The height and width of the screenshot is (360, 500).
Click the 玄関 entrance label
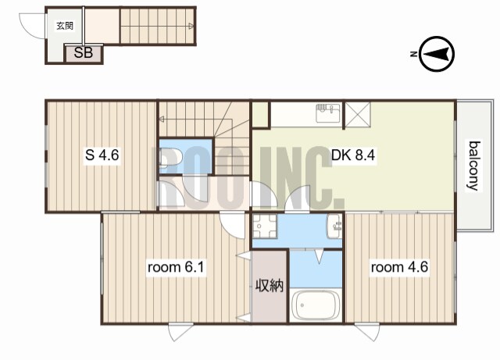tap(65, 26)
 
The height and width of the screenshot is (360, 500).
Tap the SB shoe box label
tap(84, 52)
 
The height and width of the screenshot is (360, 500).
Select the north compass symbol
tap(437, 54)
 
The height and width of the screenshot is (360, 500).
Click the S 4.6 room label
tap(102, 155)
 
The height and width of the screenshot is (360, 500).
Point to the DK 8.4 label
tap(353, 155)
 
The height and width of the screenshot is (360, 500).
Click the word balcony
tap(474, 166)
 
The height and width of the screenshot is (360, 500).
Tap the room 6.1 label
tap(176, 267)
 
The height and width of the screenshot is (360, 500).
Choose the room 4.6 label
tap(399, 267)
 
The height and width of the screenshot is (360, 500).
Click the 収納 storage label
tap(270, 286)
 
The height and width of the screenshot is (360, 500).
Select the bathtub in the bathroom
tap(315, 305)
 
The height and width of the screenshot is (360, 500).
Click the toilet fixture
tap(170, 158)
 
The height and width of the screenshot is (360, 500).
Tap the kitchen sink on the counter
tap(328, 113)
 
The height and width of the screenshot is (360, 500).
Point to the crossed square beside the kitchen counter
tap(358, 114)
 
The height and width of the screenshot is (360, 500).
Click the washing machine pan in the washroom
tap(264, 226)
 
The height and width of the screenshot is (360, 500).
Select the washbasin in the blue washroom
tap(334, 226)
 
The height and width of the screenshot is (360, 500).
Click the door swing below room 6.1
tap(181, 332)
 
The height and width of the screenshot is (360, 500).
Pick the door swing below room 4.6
tap(367, 332)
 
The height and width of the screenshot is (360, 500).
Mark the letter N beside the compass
tap(413, 54)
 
